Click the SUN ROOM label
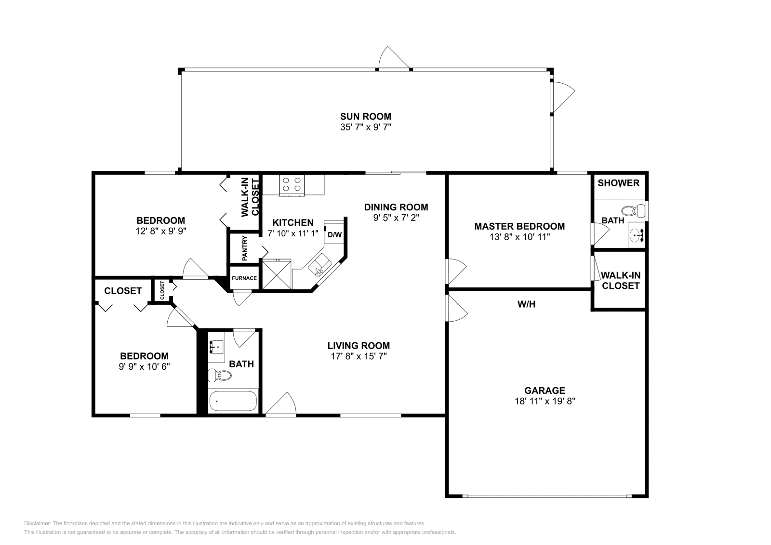365,116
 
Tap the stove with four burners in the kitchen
292,185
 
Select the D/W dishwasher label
334,235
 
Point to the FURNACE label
244,278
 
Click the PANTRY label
245,248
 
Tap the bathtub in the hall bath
233,401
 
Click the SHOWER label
618,183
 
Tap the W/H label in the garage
526,304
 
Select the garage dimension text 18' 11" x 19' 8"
545,401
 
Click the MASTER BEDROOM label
519,226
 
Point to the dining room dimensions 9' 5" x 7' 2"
396,218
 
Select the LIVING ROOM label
359,345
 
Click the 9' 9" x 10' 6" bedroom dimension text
144,366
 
